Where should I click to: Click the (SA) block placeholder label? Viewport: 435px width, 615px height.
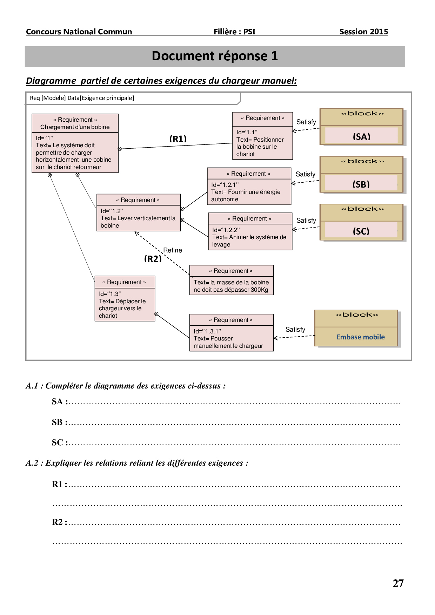[361, 136]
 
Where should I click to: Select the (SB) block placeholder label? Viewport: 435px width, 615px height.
[361, 184]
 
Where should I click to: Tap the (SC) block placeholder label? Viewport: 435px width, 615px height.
[361, 231]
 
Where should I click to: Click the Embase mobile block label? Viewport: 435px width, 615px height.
[361, 337]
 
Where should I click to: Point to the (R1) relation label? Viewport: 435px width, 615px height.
[178, 139]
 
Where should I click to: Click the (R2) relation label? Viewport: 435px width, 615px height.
[153, 259]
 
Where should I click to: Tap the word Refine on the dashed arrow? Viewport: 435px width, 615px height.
[173, 250]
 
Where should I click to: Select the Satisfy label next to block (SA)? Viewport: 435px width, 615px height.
[306, 122]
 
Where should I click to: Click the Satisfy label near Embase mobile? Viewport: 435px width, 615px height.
[295, 330]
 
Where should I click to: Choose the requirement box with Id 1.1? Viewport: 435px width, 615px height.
[262, 136]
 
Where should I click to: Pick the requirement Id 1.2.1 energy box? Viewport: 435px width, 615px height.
[249, 186]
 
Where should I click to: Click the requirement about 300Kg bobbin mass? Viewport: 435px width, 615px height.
[231, 280]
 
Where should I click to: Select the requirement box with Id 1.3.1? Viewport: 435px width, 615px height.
[231, 332]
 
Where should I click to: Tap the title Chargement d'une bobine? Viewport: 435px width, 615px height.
[75, 127]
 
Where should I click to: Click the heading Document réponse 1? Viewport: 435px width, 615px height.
[215, 56]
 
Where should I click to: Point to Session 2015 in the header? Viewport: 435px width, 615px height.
[363, 32]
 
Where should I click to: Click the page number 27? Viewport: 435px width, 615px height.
[398, 583]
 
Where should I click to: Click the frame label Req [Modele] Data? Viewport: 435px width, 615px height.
[82, 98]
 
